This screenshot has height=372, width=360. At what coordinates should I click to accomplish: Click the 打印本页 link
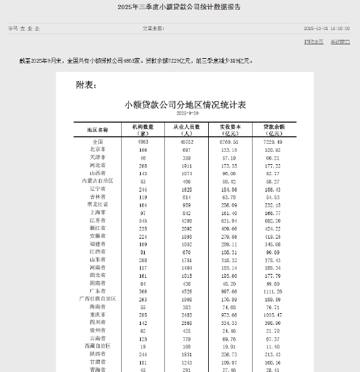(314, 41)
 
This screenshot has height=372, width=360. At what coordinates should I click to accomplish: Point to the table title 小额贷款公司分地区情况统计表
(186, 105)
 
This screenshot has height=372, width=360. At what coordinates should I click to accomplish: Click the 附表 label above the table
(86, 85)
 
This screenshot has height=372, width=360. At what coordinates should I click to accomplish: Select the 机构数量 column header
(142, 129)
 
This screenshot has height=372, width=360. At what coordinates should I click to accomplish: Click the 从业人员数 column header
(186, 129)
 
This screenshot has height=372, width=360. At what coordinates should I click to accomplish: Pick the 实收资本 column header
(228, 129)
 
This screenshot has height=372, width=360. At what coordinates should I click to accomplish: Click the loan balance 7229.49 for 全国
(272, 142)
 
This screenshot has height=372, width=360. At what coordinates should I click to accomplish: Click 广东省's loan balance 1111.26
(272, 291)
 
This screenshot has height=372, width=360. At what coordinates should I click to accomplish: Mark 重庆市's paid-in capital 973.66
(228, 314)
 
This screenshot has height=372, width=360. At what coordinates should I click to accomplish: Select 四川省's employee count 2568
(186, 322)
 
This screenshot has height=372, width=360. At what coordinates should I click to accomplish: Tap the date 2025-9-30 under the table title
(186, 113)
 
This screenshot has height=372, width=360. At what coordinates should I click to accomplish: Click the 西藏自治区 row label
(98, 346)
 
